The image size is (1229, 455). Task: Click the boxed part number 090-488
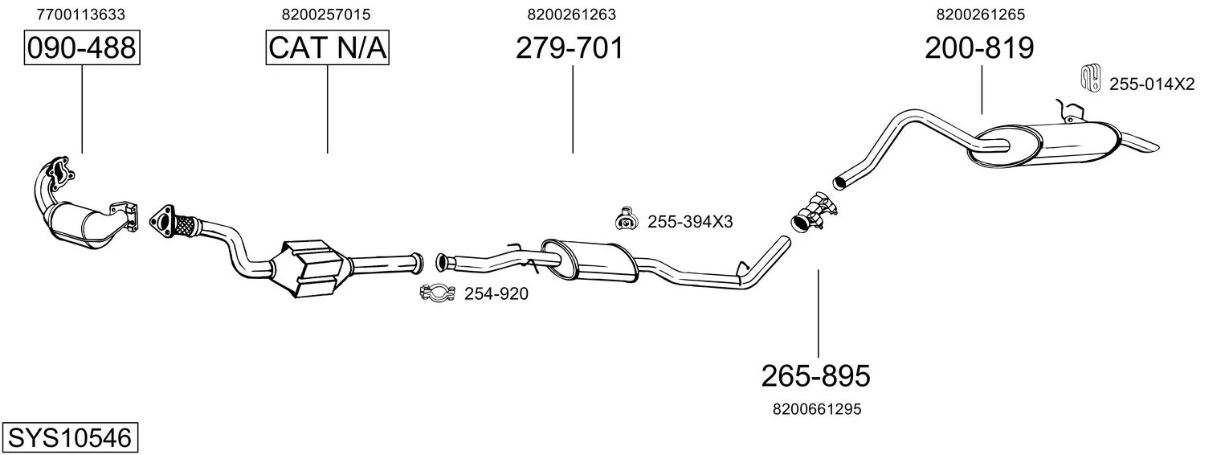[x=82, y=47]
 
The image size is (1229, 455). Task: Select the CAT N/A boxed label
[x=328, y=47]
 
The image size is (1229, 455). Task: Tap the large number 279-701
[x=570, y=47]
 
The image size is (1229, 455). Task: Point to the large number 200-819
[x=979, y=47]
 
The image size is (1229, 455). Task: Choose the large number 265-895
[x=816, y=376]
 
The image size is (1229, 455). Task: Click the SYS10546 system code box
[x=70, y=437]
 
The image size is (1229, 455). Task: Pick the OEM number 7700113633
[x=80, y=14]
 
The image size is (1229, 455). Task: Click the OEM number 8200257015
[x=326, y=14]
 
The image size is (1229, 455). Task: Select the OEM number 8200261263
[x=571, y=14]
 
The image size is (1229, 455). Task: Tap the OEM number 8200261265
[x=981, y=14]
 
